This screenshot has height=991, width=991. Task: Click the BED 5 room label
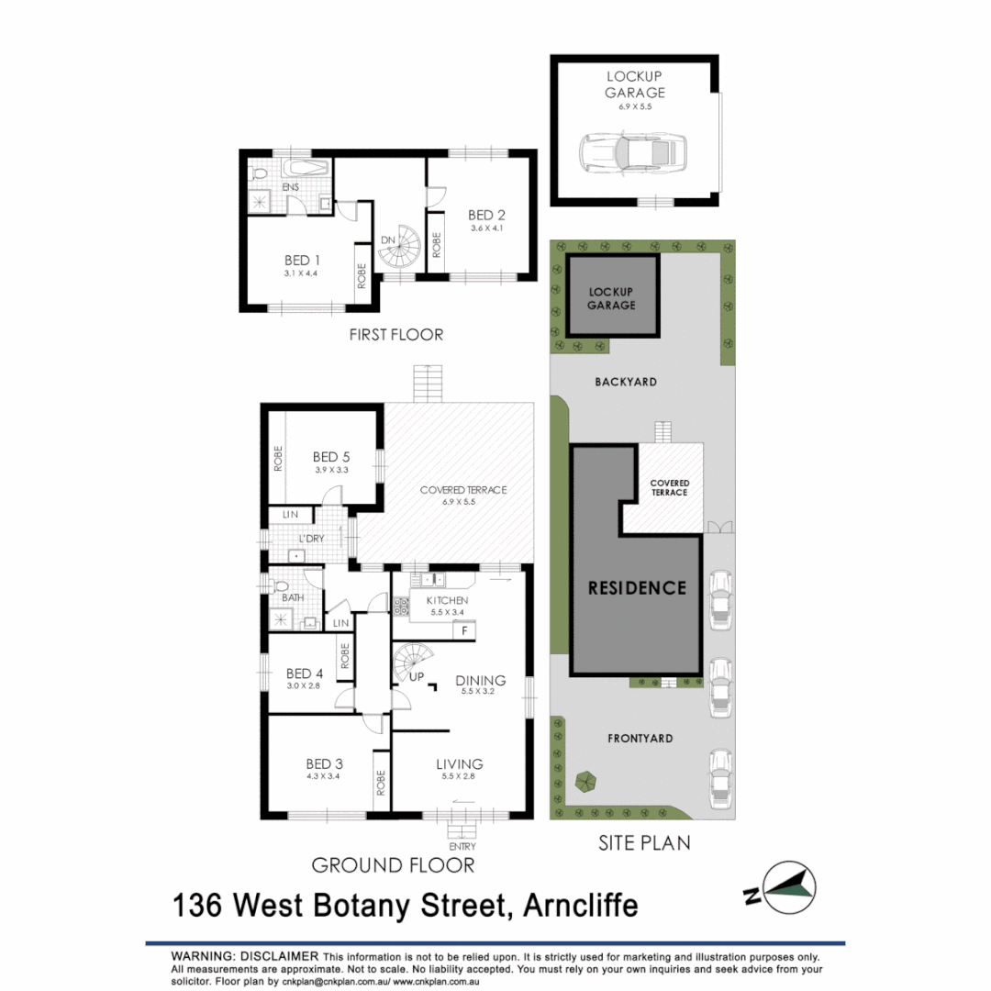pos(330,456)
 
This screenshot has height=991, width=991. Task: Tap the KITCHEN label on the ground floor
pos(446,600)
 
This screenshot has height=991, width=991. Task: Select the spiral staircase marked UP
pos(410,662)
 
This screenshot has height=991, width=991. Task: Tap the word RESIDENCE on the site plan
pos(637,587)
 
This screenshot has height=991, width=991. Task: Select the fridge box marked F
pos(465,630)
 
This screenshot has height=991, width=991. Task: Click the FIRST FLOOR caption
pos(395,335)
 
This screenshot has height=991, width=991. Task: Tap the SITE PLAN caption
pos(644,841)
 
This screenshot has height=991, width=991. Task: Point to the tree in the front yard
pos(585,782)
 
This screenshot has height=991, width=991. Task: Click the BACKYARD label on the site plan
pos(625,382)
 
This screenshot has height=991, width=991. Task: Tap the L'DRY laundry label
pos(313,539)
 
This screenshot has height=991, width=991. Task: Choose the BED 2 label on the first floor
pos(486,216)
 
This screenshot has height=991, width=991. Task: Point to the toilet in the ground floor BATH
pos(282,585)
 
